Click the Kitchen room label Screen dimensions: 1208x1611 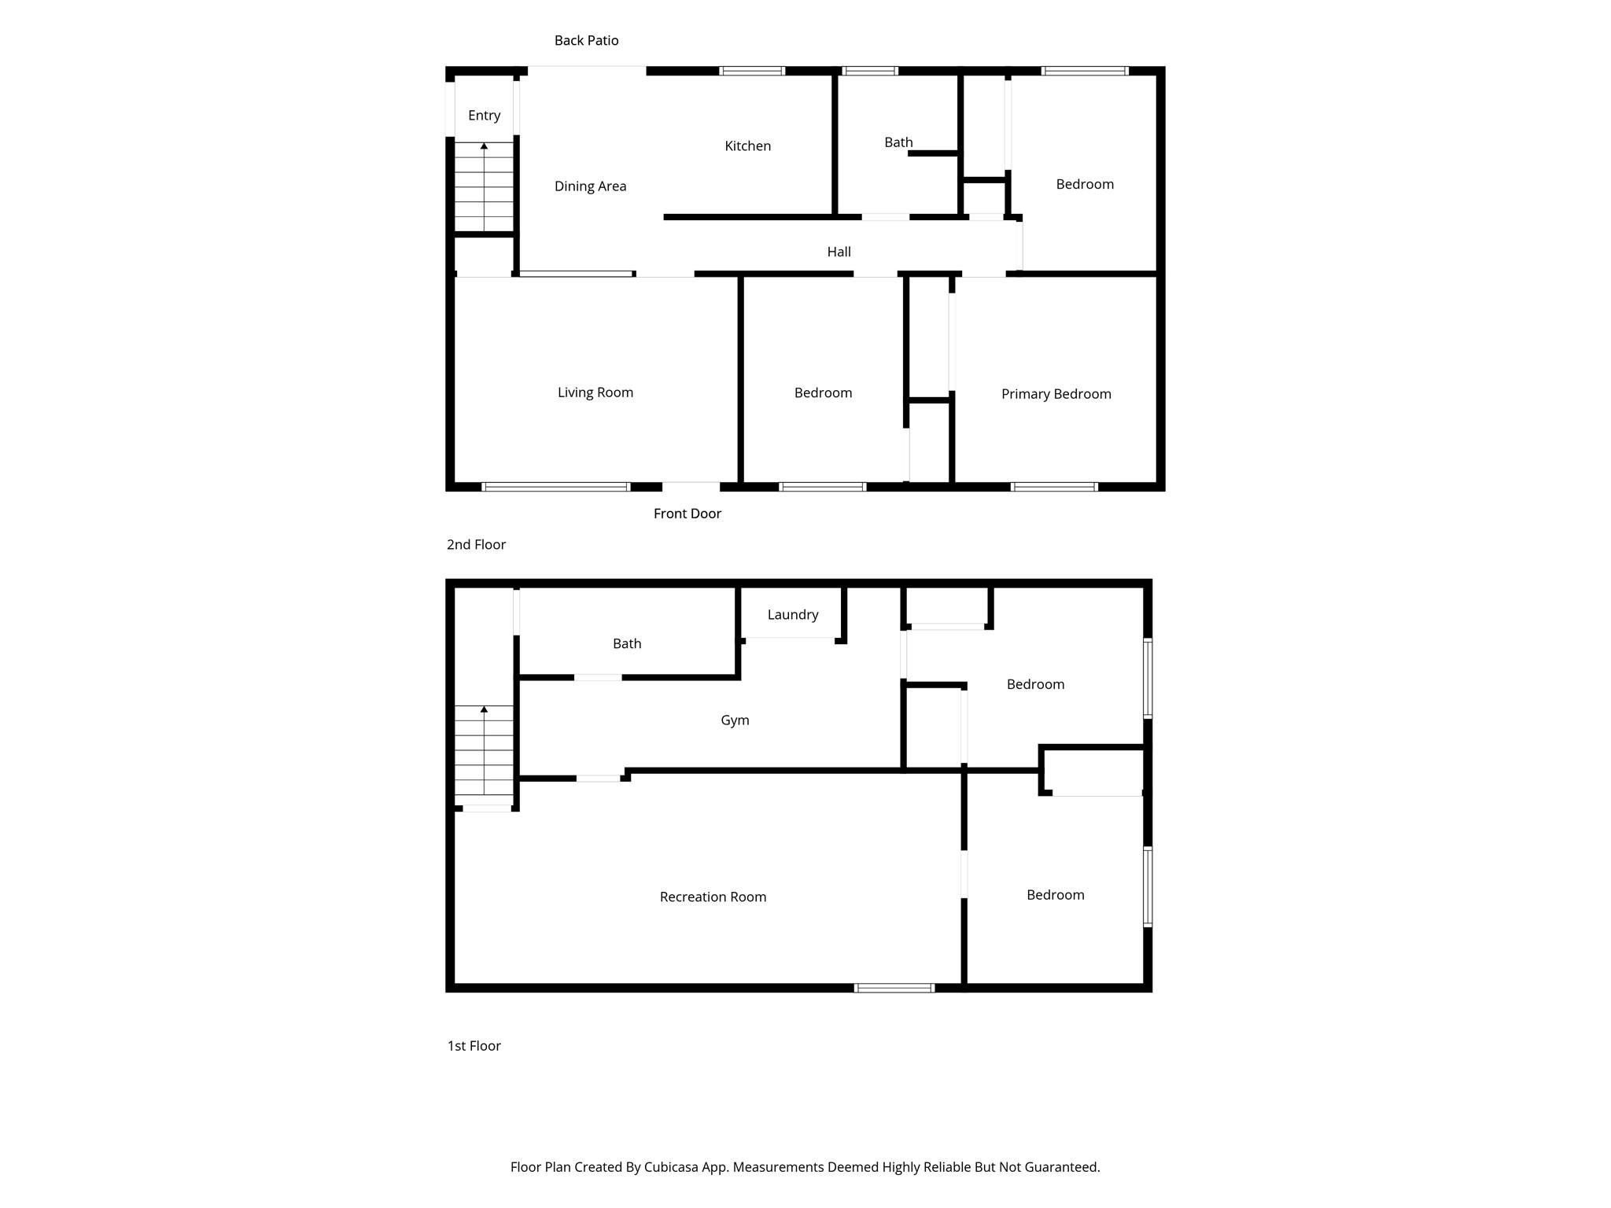tap(747, 146)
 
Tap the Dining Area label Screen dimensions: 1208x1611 tap(590, 186)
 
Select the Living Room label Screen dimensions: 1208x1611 tap(595, 392)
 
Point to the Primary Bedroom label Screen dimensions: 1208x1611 tap(1056, 394)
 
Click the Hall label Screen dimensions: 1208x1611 tap(839, 252)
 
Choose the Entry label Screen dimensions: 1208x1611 tap(484, 116)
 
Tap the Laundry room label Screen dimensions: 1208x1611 tap(792, 615)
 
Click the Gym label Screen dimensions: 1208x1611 tap(735, 720)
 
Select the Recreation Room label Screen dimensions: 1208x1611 tap(713, 897)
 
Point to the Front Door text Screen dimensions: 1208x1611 tap(687, 514)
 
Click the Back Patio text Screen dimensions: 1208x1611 tap(586, 41)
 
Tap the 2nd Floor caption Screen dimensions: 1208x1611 tap(476, 545)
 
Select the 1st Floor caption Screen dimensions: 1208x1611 tap(474, 1046)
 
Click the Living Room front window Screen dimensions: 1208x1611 tap(555, 487)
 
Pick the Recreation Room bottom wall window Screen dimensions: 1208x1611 tap(894, 988)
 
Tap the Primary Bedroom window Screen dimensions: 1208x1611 tap(1053, 487)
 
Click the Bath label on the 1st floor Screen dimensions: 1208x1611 tap(627, 644)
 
